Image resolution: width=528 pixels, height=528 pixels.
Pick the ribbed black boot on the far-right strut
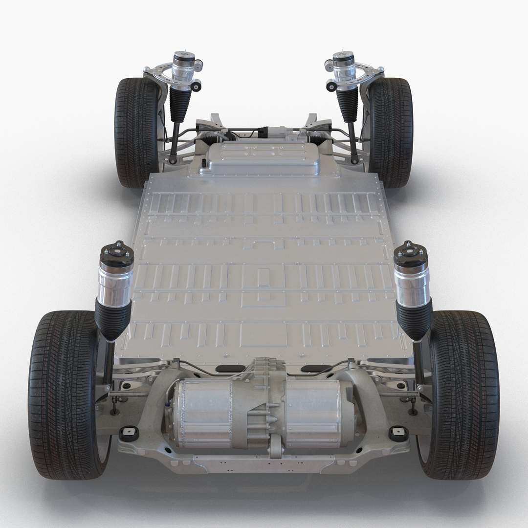point(348,105)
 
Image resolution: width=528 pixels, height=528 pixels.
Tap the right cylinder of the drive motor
point(318,413)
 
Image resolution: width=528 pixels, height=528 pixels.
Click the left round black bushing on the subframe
point(129,433)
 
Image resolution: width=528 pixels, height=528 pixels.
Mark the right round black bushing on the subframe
point(398,433)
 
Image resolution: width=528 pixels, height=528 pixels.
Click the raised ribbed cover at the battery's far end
point(263,158)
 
